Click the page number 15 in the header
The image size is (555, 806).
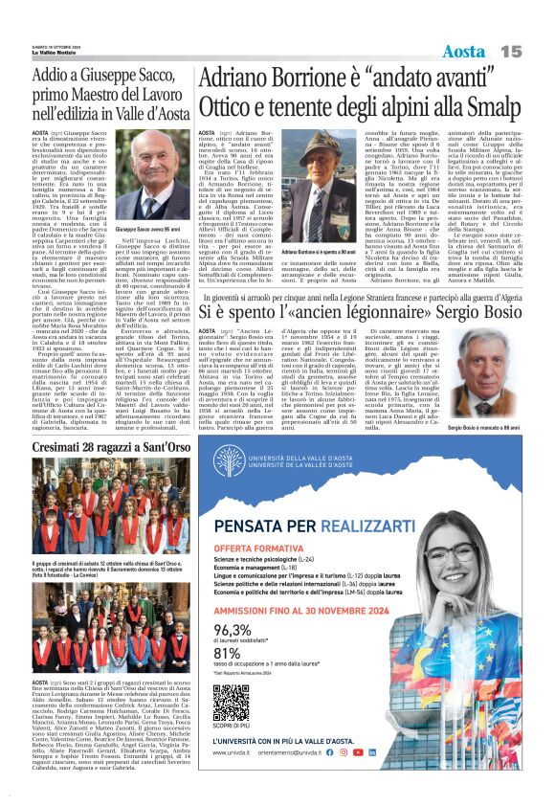(x=511, y=50)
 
